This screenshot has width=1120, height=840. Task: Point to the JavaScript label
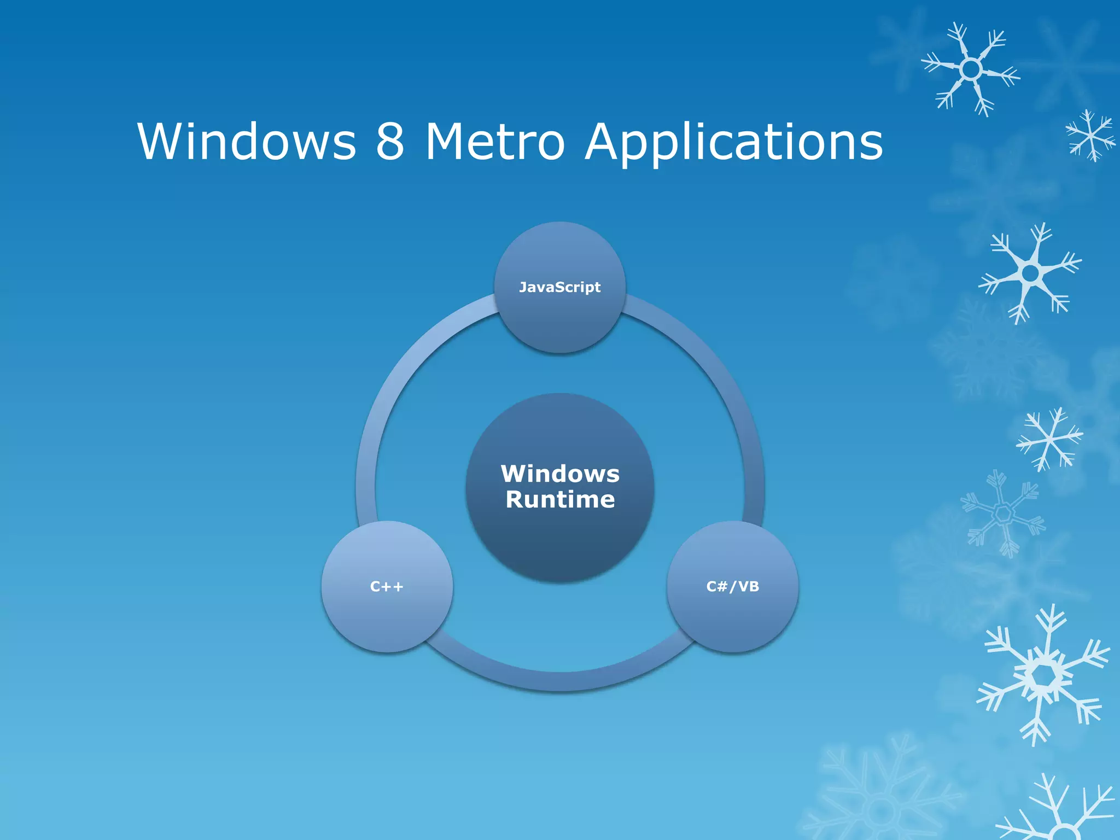(x=559, y=287)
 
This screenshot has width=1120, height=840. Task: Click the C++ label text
(x=387, y=587)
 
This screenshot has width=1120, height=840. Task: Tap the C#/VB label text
(x=733, y=587)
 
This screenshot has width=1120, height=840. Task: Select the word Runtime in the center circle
(x=560, y=499)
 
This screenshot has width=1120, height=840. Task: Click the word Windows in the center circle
(x=560, y=474)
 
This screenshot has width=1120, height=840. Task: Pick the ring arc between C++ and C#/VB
(x=560, y=681)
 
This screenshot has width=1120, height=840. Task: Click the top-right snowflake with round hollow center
(x=971, y=69)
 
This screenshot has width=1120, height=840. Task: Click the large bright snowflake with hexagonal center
(x=1043, y=676)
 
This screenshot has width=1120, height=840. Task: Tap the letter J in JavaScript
(x=523, y=287)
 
